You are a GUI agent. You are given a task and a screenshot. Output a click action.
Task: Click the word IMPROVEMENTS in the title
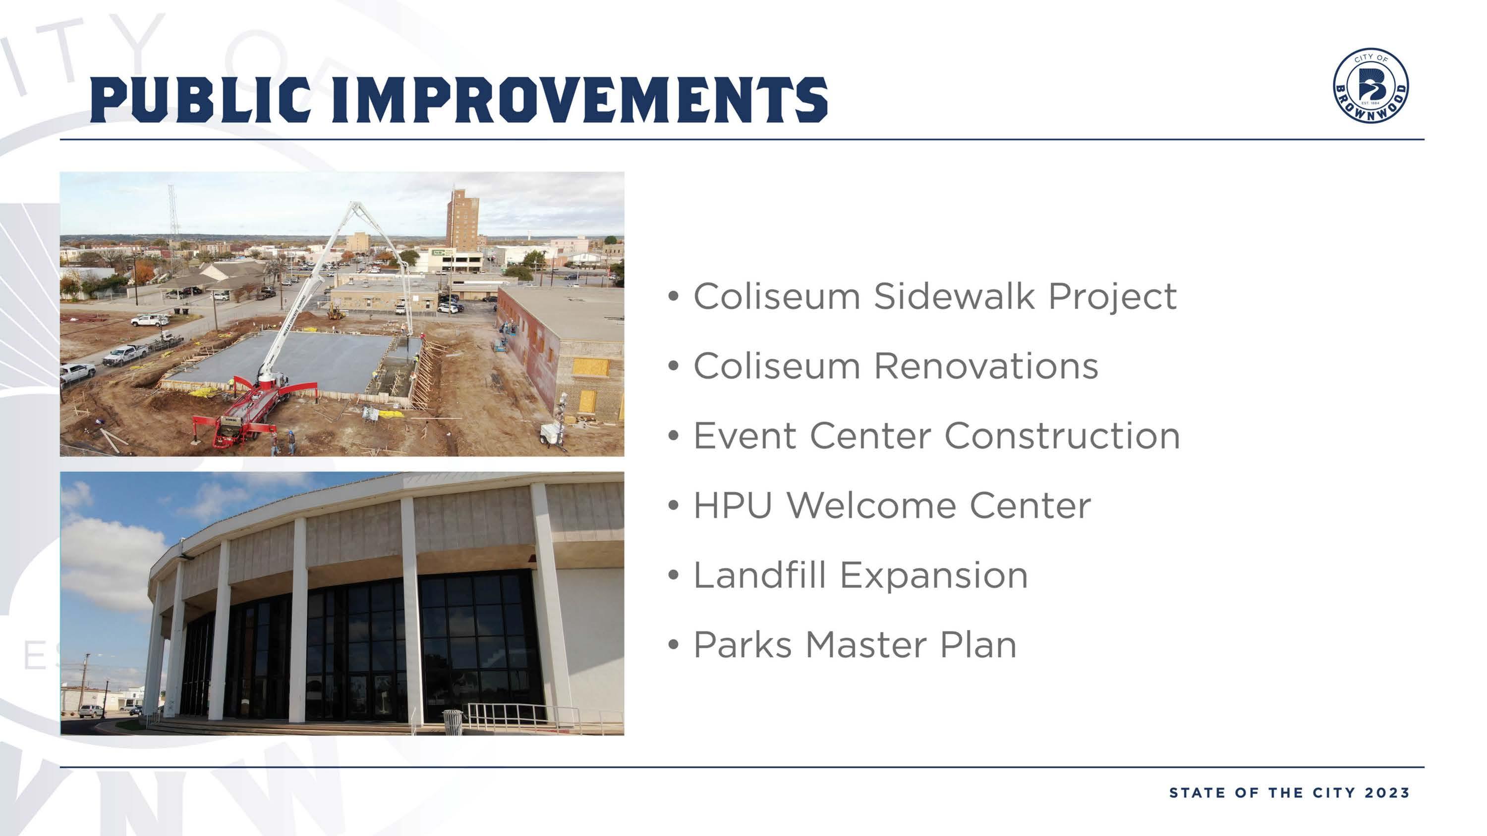(x=580, y=100)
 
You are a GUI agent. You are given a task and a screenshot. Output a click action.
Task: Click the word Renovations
(x=986, y=366)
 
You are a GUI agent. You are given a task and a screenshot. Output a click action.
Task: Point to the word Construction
(x=1062, y=436)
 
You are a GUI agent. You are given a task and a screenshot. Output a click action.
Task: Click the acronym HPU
(x=733, y=505)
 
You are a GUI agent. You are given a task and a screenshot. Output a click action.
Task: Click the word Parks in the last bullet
(x=743, y=645)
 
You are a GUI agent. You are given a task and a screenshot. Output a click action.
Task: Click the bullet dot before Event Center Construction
(x=673, y=436)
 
